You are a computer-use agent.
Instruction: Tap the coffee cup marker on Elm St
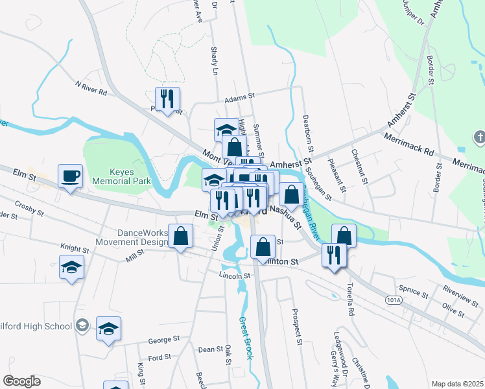[x=71, y=176]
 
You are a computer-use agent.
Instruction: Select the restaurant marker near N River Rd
[x=167, y=99]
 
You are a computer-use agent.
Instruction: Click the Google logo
[x=21, y=381]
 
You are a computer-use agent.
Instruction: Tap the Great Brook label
[x=245, y=338]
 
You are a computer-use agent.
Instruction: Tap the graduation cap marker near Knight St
[x=71, y=267]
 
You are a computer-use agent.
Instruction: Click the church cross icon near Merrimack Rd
[x=479, y=137]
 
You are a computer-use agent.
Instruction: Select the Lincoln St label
[x=234, y=276]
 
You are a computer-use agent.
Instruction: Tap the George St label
[x=163, y=340]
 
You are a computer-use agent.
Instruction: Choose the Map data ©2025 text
[x=456, y=384]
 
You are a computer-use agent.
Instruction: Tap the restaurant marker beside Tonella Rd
[x=335, y=255]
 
